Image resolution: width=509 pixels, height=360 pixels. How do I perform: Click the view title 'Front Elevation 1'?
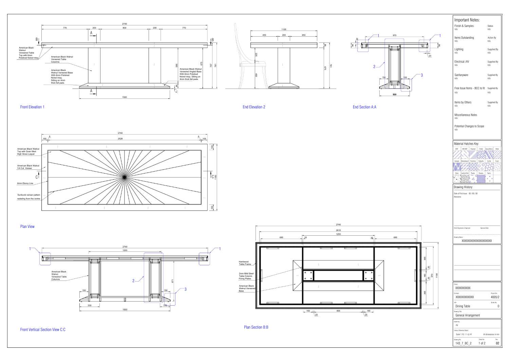coord(32,107)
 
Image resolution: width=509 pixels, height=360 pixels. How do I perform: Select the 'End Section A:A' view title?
coord(364,107)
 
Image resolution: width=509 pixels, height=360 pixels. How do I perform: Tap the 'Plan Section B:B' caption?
coord(256,327)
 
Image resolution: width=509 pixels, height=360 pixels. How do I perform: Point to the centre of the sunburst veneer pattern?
coord(125,177)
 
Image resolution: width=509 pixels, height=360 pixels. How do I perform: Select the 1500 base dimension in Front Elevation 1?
coord(125,97)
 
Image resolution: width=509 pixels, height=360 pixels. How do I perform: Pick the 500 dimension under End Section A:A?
coord(394,94)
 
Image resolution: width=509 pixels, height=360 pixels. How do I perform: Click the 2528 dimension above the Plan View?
coord(120,139)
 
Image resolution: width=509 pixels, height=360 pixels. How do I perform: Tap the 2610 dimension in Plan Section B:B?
coord(338,230)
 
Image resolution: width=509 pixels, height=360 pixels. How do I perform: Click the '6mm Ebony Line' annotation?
coord(25,183)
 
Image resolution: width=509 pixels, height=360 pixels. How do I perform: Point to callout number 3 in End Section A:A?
coord(422,75)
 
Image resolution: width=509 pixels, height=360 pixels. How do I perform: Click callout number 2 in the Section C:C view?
coord(133,281)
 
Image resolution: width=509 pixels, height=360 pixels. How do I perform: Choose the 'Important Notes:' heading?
coord(467,20)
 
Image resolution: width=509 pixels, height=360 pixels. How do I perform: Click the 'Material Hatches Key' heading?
coord(466,144)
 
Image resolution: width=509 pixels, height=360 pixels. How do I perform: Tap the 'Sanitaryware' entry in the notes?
coord(461,75)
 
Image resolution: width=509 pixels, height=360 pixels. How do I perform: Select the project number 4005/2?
coord(495,297)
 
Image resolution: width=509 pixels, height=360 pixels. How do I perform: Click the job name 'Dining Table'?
coord(463,306)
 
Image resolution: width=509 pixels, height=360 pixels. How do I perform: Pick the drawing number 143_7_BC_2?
coord(463,343)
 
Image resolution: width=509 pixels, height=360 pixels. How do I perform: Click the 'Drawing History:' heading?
coord(463,187)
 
